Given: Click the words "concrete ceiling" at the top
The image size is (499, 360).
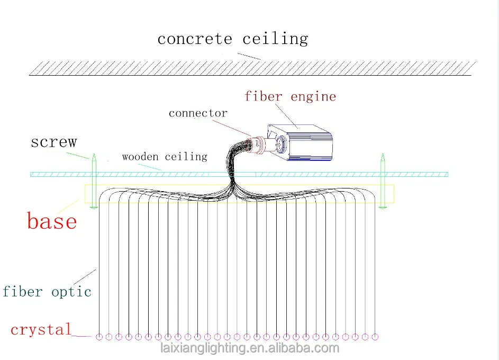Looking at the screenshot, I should pyautogui.click(x=232, y=39).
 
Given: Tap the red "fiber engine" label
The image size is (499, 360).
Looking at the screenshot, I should pyautogui.click(x=290, y=96).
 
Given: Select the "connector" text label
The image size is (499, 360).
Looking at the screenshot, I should pyautogui.click(x=198, y=113).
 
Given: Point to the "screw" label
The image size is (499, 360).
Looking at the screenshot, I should pyautogui.click(x=53, y=142).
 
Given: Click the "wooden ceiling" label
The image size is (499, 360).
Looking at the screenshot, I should pyautogui.click(x=164, y=157).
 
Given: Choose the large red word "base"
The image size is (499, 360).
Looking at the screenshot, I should pyautogui.click(x=52, y=221).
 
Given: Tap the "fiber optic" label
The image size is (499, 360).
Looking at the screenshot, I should pyautogui.click(x=47, y=292).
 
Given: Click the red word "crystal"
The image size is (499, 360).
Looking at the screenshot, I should pyautogui.click(x=41, y=330).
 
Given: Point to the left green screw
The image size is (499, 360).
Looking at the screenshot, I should pyautogui.click(x=93, y=180).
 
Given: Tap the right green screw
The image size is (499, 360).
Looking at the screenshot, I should pyautogui.click(x=382, y=180).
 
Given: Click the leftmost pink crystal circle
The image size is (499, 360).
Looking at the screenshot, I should pyautogui.click(x=99, y=337).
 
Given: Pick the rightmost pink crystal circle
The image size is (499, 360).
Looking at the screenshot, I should pyautogui.click(x=375, y=337).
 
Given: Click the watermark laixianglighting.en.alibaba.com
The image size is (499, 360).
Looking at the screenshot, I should pyautogui.click(x=249, y=348).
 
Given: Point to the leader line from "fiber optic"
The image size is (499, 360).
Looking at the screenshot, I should pyautogui.click(x=85, y=276).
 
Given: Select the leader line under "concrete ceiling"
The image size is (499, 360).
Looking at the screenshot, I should pyautogui.click(x=249, y=56).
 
